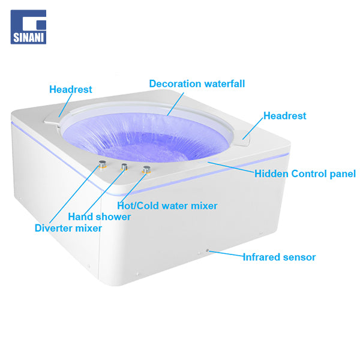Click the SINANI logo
click(28, 27)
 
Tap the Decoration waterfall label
click(197, 83)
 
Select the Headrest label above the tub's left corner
click(71, 89)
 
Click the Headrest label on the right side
click(284, 116)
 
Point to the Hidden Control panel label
click(305, 174)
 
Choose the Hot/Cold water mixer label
click(167, 206)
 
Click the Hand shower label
click(100, 217)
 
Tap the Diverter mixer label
click(68, 228)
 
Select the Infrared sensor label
click(279, 257)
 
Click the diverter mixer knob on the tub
click(102, 164)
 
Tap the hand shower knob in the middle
click(124, 167)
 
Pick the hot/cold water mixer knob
click(146, 170)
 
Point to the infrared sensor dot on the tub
click(208, 250)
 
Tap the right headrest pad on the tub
click(244, 138)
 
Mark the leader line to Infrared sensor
click(226, 253)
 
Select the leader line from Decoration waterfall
click(175, 104)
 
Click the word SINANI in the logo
click(28, 37)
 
